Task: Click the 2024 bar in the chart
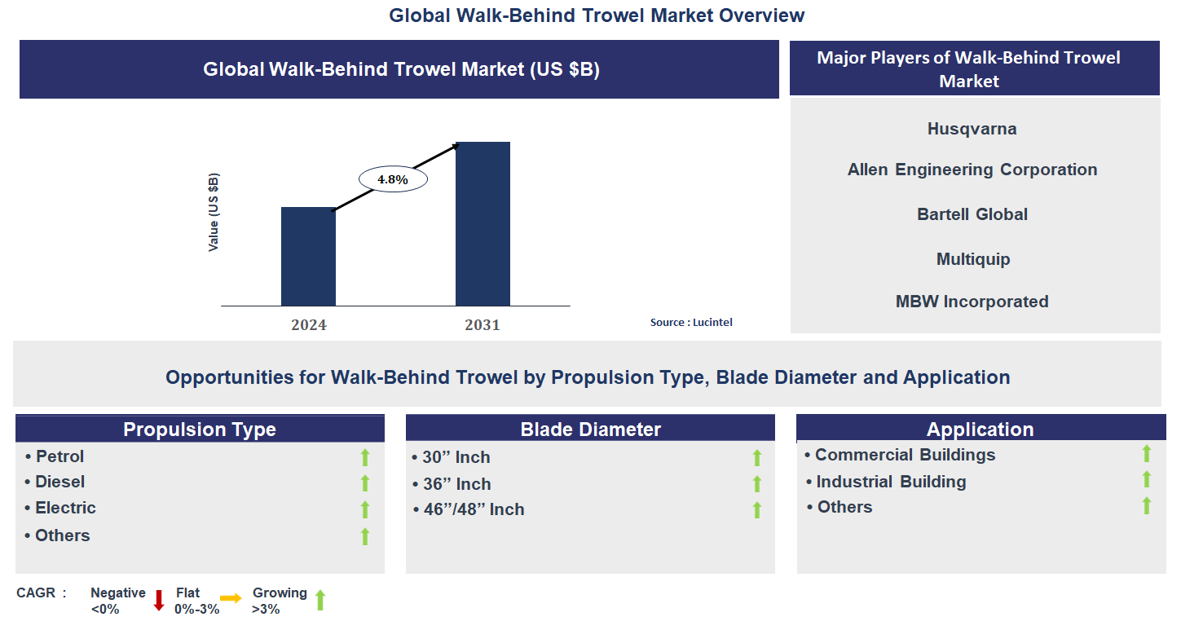pos(308,257)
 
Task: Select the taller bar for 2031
pos(483,224)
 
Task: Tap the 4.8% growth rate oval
pos(392,179)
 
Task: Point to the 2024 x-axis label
pos(309,325)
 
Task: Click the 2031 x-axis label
pos(483,325)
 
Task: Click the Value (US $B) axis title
pos(214,213)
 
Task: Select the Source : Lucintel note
pos(691,323)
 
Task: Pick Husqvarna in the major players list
pos(972,129)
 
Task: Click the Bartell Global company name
pos(972,214)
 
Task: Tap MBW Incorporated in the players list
pos(972,302)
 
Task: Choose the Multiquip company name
pos(972,259)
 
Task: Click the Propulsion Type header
pos(200,430)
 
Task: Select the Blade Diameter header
pos(590,430)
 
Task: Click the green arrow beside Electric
pos(365,509)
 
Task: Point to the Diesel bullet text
pos(59,482)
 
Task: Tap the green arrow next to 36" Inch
pos(757,484)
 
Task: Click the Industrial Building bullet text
pos(891,482)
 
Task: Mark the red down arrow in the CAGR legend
pos(159,600)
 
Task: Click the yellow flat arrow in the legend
pos(231,599)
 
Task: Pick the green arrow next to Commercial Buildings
pos(1146,454)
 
